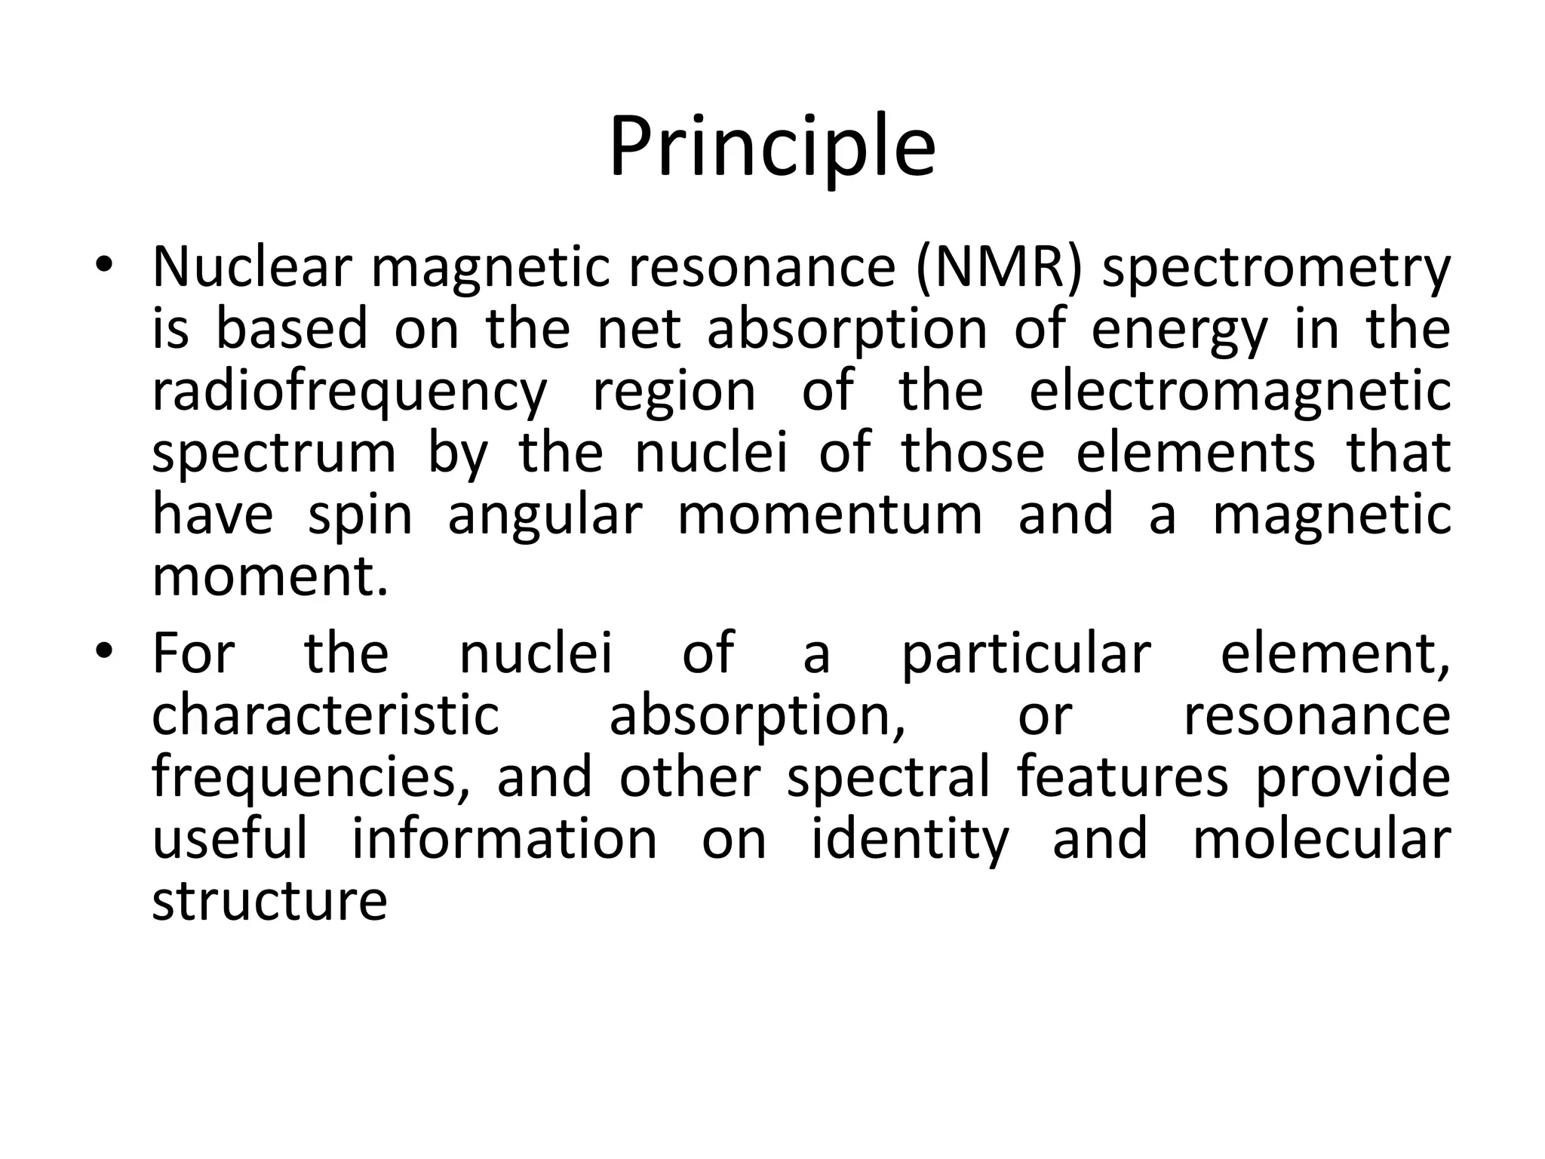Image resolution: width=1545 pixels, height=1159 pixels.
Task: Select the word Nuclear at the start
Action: click(x=252, y=267)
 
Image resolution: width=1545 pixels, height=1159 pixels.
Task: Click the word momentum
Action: click(x=830, y=515)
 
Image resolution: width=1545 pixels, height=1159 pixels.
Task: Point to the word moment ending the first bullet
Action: click(x=269, y=577)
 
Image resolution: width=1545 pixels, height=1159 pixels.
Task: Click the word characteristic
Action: click(x=325, y=715)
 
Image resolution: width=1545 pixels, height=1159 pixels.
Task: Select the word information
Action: click(x=505, y=839)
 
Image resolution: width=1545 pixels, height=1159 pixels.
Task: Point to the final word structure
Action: click(x=269, y=901)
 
